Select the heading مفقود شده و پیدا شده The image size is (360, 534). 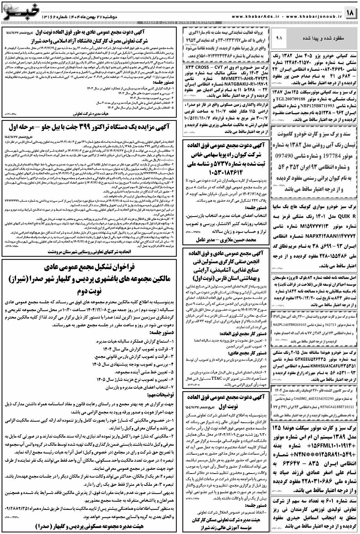328,38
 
